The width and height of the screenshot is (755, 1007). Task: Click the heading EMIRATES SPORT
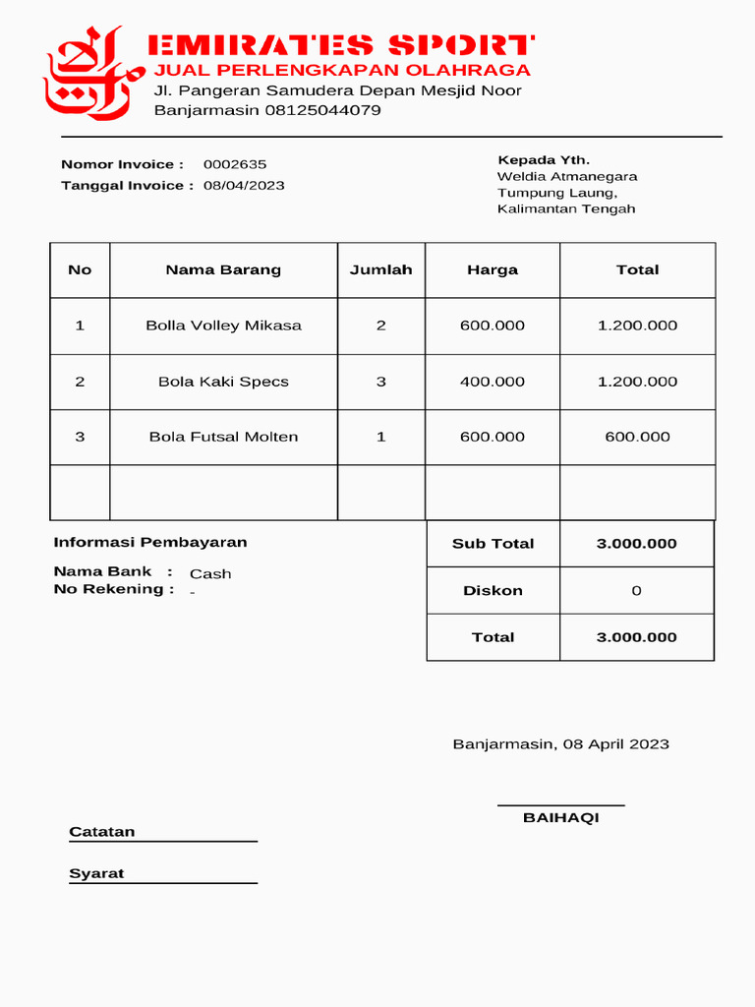[340, 45]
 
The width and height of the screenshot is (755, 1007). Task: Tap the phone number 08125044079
[322, 110]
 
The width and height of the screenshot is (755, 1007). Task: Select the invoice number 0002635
[235, 164]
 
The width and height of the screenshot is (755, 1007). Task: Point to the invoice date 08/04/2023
[244, 185]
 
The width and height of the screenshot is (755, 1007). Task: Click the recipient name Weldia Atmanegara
[567, 177]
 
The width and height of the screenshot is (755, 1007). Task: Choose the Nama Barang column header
[223, 269]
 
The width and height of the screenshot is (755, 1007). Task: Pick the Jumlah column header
[380, 269]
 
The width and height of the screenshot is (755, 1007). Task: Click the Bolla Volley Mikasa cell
[223, 326]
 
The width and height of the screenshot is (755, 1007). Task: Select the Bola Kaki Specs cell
[223, 382]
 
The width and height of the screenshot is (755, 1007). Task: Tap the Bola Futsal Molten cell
[223, 437]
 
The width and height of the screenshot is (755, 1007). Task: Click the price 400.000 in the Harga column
[493, 382]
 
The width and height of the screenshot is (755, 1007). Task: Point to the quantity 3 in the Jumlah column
[380, 382]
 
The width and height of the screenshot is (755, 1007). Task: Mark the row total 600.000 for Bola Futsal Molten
[637, 437]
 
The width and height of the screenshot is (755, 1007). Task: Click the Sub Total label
[493, 544]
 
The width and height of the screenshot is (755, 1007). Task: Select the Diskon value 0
[636, 591]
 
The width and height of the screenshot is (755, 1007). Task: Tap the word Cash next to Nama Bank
[210, 574]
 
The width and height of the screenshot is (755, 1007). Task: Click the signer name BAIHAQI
[560, 818]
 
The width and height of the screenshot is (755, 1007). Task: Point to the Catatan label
[102, 832]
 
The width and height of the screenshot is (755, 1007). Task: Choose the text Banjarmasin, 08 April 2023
[560, 744]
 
